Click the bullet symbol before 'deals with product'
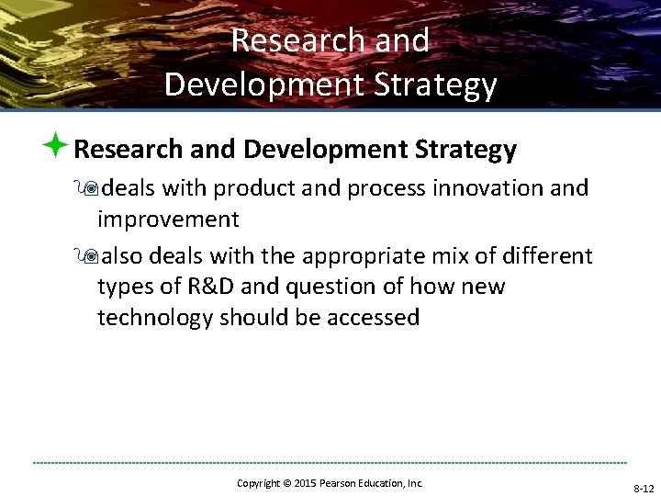pos(88,188)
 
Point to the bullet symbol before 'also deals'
pos(88,255)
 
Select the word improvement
pos(168,220)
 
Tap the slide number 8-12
pos(643,488)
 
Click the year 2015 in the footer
pos(303,482)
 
